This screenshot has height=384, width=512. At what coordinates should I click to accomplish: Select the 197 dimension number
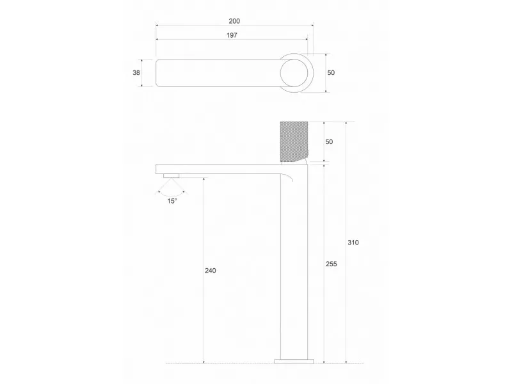tap(232, 35)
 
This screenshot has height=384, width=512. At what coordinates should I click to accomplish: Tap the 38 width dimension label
tap(136, 72)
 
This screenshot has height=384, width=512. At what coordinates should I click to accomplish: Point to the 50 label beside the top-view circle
tap(331, 72)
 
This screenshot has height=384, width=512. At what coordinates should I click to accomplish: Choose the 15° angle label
tap(172, 201)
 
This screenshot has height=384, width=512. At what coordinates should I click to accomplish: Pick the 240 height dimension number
tap(211, 270)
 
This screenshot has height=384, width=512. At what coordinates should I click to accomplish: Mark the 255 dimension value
tap(331, 264)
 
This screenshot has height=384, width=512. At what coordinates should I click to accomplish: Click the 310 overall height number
tap(353, 243)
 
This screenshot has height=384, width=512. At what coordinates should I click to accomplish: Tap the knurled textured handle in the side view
tap(294, 141)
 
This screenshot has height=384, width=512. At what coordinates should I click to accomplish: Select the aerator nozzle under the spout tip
tap(172, 175)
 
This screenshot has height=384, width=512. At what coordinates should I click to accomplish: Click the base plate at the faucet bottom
tap(294, 362)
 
